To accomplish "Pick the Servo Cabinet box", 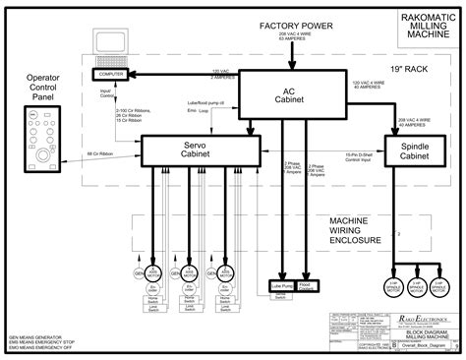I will pos(200,150).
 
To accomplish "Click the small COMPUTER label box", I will pos(110,74).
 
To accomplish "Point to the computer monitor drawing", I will pos(110,47).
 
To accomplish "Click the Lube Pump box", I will pos(282,286).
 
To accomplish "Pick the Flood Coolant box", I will pos(306,286).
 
